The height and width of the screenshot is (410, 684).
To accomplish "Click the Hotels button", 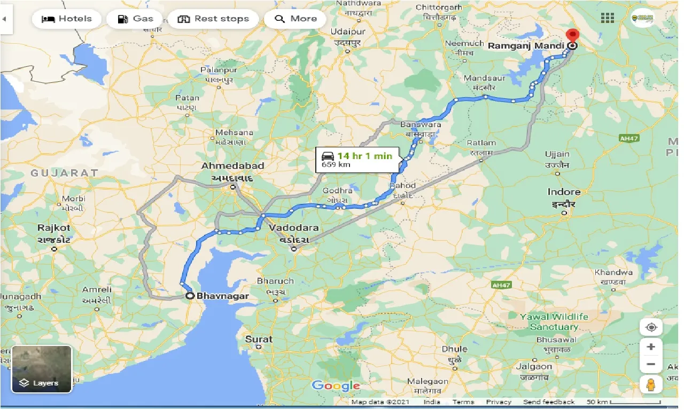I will tap(67, 19).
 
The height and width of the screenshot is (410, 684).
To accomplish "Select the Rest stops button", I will tap(213, 19).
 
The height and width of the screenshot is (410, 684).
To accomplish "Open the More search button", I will tap(296, 19).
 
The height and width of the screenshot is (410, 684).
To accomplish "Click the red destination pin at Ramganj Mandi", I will tap(572, 36).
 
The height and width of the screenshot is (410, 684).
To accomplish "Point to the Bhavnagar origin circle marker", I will tap(190, 295).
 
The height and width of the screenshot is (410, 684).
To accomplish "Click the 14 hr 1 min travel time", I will tap(364, 156).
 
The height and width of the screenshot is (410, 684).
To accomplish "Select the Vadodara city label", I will tap(293, 228).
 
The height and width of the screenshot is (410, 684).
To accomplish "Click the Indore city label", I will tap(564, 192).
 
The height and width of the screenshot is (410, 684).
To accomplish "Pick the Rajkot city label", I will tap(53, 228).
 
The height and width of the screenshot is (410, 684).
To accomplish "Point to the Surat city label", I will tap(259, 339).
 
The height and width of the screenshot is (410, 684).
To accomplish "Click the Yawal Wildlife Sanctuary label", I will tap(554, 321).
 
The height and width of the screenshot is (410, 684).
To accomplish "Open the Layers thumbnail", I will tap(42, 369).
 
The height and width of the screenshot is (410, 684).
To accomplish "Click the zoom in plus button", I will tap(650, 347).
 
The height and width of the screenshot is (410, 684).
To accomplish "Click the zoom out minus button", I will tap(650, 365).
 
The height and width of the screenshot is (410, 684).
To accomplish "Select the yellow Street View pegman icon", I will tap(650, 384).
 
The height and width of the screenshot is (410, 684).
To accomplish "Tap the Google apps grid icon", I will tap(607, 18).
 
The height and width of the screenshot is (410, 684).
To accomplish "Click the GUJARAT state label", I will tap(64, 172).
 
